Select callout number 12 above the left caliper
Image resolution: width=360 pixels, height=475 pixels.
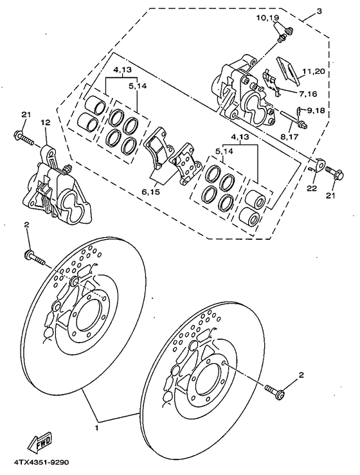44,122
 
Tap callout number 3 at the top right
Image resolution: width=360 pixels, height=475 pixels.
319,12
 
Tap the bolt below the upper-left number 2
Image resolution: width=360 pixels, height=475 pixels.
35,258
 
